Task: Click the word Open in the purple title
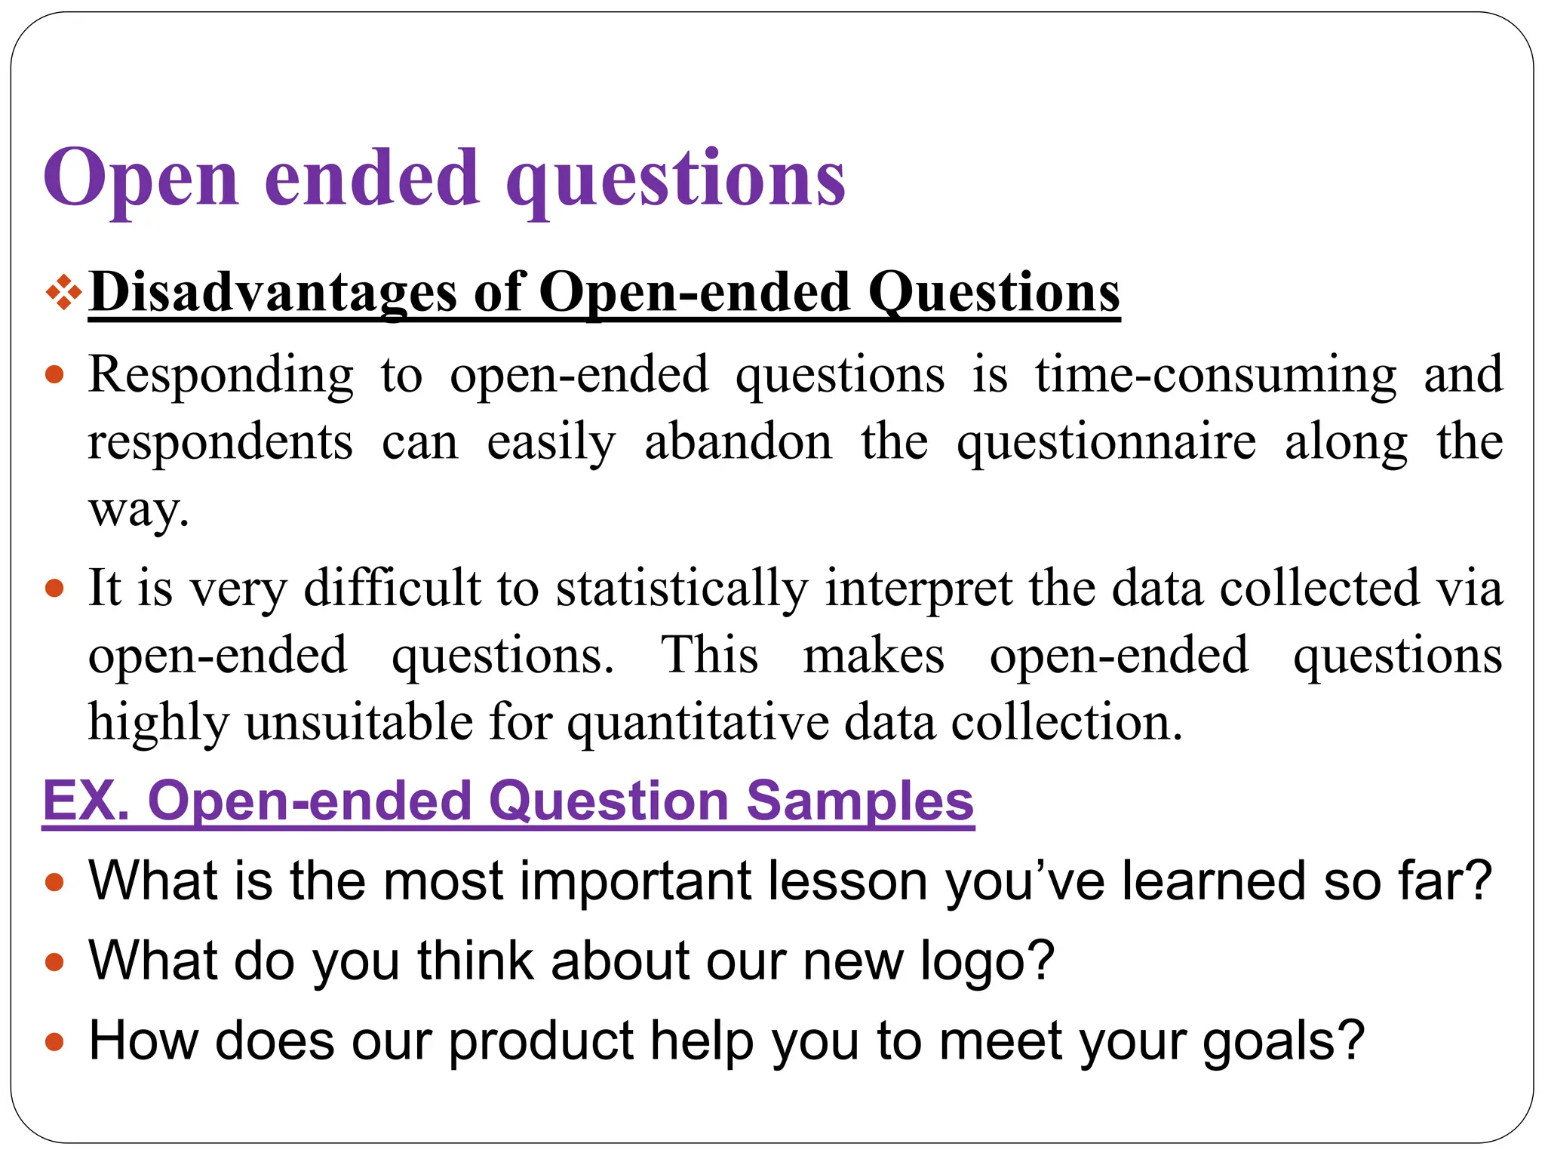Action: (141, 180)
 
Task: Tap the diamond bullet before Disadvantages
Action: (63, 293)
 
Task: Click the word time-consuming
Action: (1215, 375)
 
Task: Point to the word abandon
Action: (738, 442)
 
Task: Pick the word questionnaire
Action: (1106, 442)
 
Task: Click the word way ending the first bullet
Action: (137, 510)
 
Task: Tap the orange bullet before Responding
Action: (54, 375)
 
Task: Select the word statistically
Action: (682, 589)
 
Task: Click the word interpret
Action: (918, 589)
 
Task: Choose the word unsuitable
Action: (359, 723)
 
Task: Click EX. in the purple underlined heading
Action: (86, 801)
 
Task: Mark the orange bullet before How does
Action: (54, 1042)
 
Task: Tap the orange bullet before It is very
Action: (54, 589)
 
